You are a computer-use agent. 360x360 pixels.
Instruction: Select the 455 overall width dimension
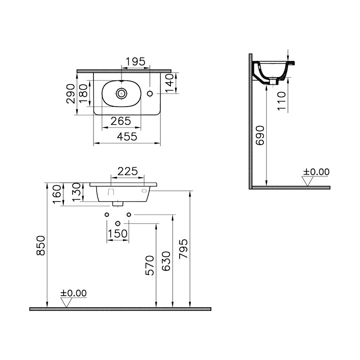point(127,137)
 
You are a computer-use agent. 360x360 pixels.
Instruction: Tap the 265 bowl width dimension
point(121,121)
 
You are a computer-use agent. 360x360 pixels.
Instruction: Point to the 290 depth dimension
point(71,93)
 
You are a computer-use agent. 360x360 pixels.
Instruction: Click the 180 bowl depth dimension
point(83,94)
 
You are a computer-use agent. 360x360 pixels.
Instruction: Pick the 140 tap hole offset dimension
point(168,83)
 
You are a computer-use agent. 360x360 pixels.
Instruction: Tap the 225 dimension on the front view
point(127,171)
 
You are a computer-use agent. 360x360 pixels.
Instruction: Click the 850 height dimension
point(41,245)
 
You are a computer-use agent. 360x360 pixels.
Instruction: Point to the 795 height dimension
point(184,249)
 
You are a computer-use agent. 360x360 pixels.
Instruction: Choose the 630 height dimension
point(167,260)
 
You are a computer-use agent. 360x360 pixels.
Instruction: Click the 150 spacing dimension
point(117,234)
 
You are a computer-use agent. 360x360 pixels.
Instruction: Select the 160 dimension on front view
point(57,194)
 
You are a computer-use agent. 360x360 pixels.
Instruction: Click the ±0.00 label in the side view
point(316,172)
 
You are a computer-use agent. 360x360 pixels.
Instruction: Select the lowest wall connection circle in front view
point(117,223)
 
